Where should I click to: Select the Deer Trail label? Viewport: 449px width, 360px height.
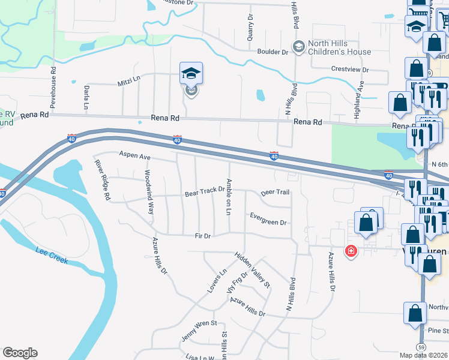point(275,193)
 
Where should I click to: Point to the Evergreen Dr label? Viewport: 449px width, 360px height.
point(268,218)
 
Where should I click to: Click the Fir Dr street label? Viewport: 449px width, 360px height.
point(202,236)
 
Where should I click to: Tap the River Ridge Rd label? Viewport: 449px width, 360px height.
point(101,178)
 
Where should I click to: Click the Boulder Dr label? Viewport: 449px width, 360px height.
point(273,52)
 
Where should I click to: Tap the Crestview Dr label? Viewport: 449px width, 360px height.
point(350,70)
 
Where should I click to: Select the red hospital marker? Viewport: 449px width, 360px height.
point(350,251)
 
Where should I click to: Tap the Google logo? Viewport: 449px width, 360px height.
point(20,352)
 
